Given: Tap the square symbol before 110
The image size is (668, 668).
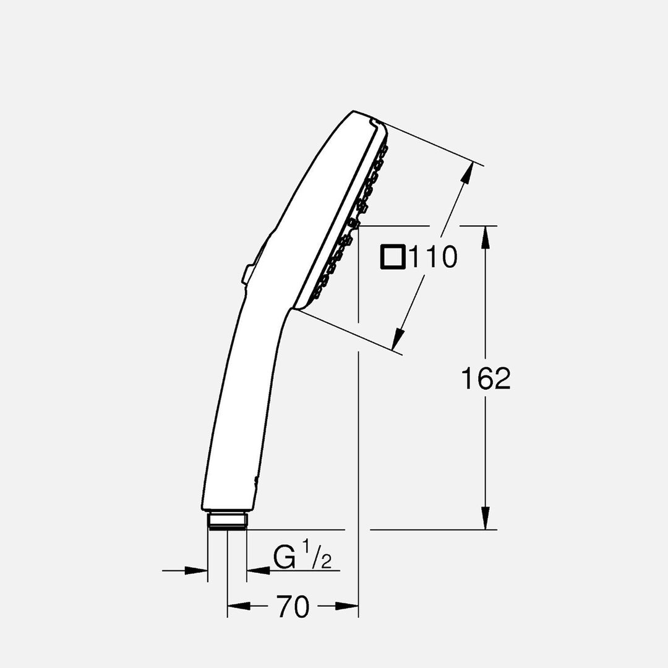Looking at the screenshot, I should click(393, 257).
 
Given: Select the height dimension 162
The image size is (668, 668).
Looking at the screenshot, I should click(486, 379).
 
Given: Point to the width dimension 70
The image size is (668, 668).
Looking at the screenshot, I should click(293, 607).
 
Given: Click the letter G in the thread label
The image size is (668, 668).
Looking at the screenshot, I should click(285, 559).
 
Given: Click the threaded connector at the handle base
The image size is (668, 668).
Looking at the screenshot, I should click(227, 521).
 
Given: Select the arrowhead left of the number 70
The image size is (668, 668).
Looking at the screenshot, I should click(239, 607).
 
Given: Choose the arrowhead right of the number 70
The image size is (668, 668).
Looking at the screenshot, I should click(347, 607).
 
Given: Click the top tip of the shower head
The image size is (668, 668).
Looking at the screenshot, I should click(354, 112).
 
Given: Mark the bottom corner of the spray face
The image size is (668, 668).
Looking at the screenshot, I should click(296, 308).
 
